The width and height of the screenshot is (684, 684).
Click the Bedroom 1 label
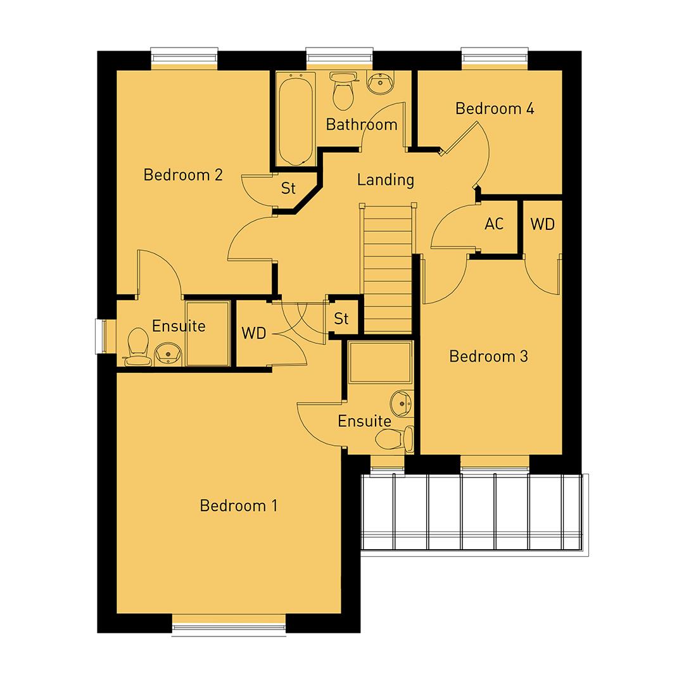tap(238, 505)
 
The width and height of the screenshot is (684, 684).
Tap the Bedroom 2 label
tap(183, 174)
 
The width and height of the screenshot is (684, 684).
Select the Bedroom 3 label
tap(488, 356)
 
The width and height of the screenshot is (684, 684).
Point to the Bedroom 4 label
tap(495, 108)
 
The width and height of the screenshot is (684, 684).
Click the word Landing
tap(385, 180)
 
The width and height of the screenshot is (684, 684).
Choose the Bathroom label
tap(362, 124)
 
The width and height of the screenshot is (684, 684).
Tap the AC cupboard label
tap(494, 224)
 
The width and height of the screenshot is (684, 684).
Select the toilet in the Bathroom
tap(344, 92)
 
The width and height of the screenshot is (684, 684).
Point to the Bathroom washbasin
tap(381, 82)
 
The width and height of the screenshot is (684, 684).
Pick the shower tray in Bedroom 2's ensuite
tap(207, 333)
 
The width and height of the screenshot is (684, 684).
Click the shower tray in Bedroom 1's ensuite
tap(380, 362)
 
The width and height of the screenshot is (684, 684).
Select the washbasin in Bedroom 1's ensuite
tap(401, 402)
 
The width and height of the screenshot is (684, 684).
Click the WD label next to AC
tap(542, 224)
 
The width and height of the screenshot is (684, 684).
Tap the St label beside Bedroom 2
tap(289, 188)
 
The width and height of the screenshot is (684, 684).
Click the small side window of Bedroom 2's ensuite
tap(100, 336)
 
